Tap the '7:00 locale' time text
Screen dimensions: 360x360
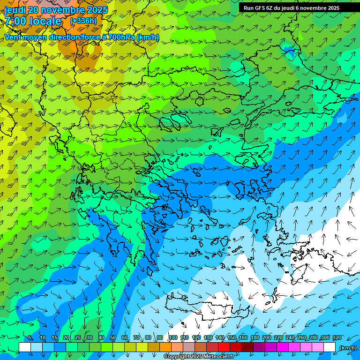pos(33,21)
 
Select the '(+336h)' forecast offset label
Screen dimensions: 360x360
pos(83,21)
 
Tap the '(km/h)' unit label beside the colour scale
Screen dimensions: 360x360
pos(347,347)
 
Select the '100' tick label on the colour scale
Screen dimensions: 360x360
pos(173,338)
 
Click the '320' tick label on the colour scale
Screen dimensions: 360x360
pos(337,338)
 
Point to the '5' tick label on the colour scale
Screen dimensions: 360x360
pos(30,338)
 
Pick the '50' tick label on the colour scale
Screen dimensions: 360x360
pos(112,338)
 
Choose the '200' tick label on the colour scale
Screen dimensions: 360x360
pos(266,338)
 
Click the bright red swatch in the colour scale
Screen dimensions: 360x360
pos(224,347)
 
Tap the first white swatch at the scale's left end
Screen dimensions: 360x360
pos(25,347)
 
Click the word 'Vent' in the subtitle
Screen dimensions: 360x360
pos(13,37)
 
